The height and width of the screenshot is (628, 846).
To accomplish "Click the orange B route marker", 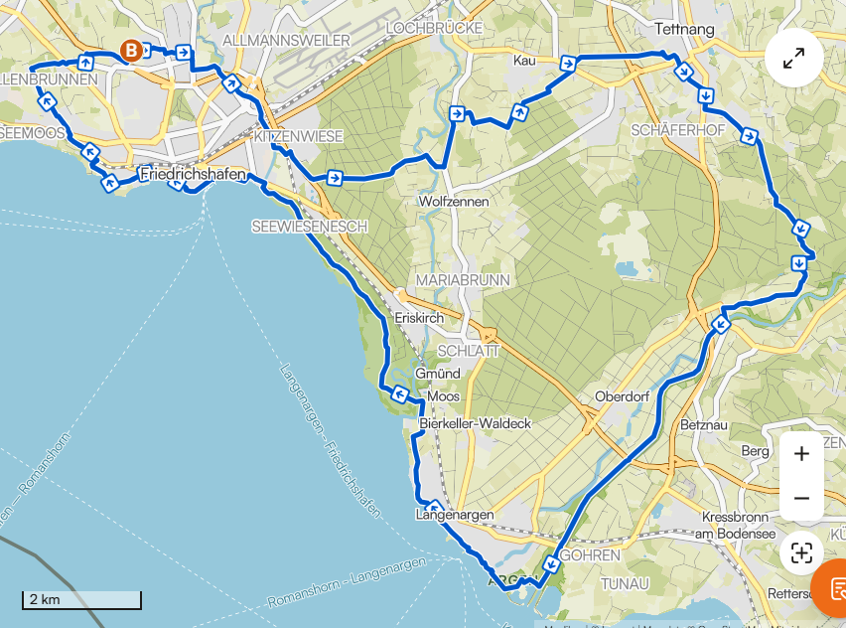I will [x=130, y=50].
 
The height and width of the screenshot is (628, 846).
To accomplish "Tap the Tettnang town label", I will [x=685, y=29].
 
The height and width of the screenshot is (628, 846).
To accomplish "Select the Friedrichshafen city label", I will [x=194, y=175].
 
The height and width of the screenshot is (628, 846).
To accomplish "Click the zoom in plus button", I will [x=801, y=454].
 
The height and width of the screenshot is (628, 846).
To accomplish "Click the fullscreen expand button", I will [x=793, y=60].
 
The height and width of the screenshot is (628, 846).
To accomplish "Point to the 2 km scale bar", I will [x=81, y=600].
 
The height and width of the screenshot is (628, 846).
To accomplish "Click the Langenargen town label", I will [x=454, y=515].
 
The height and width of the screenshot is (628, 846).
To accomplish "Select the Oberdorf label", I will [x=622, y=396].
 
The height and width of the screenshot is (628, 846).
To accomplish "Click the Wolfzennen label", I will [x=454, y=202].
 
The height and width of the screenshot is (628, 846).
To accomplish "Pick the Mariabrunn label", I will [x=462, y=280].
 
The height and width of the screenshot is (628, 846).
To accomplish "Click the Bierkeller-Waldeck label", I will [x=476, y=423].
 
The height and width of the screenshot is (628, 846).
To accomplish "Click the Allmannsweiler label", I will [x=287, y=40].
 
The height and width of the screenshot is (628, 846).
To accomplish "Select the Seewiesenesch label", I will [x=309, y=227].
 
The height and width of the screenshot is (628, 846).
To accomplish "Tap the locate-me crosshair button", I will [x=801, y=553].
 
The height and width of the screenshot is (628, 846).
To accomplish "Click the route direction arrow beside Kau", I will [x=568, y=64].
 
